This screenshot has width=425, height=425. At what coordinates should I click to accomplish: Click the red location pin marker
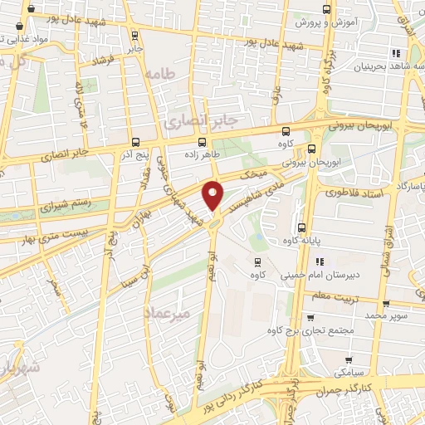[213, 195]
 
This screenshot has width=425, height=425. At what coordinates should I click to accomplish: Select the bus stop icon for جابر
[135, 35]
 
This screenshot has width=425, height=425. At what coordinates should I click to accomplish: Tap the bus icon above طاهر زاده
[202, 141]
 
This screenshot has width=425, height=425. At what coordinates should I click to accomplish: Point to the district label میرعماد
[190, 313]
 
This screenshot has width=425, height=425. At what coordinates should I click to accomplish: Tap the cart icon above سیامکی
[348, 360]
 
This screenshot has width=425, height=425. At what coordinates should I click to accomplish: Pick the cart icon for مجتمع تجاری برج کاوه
[310, 317]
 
